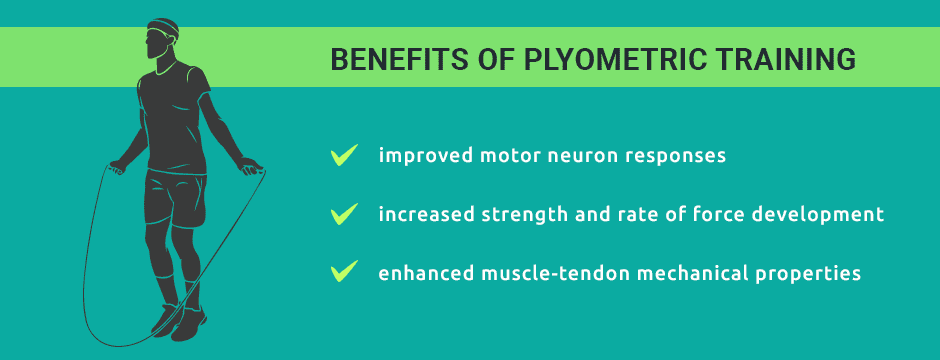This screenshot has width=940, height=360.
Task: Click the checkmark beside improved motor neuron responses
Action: point(344,155)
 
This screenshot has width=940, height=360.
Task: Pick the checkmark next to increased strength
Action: point(344,213)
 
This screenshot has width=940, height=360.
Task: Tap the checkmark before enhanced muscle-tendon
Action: point(344,271)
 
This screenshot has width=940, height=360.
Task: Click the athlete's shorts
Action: point(179,196)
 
